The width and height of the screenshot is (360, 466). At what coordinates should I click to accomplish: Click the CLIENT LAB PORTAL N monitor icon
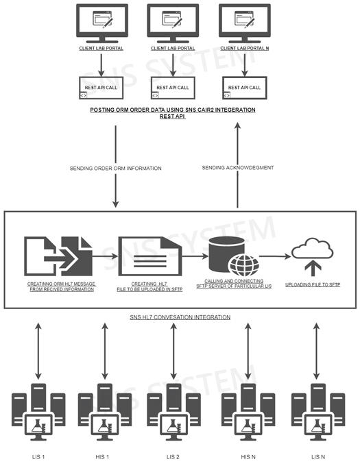[243, 25]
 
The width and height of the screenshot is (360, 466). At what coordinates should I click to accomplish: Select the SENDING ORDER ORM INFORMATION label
[116, 168]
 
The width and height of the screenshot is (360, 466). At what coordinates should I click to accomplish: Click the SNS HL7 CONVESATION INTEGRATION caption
[180, 317]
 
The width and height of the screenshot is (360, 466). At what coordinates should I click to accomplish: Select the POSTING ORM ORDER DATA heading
[173, 112]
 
